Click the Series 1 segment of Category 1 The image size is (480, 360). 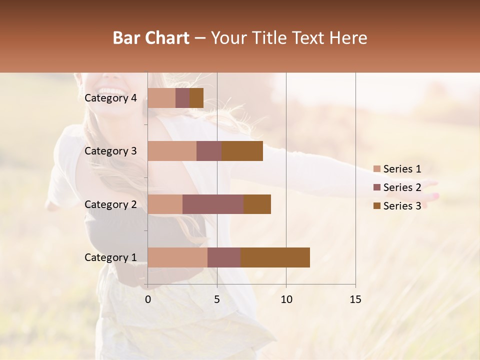coord(177,257)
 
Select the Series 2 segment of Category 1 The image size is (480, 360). coord(224,257)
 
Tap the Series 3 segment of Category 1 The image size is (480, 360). coord(275,257)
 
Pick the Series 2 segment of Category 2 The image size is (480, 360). coord(213,204)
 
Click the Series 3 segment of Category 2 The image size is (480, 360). coord(257,204)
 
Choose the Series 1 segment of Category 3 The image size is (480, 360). coord(172,151)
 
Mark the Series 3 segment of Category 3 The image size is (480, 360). coord(242,151)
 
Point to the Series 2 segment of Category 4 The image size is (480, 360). coord(182,98)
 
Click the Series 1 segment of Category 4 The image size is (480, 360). coord(161,98)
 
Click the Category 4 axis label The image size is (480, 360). coord(110,98)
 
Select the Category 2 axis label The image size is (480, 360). coord(110,204)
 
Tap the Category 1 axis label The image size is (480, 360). coord(110,257)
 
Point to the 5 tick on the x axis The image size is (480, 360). coord(217,299)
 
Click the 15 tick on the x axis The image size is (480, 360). coord(355,299)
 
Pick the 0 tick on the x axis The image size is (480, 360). coord(148,299)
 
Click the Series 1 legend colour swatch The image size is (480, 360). coord(377,169)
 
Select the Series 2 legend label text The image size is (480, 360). coord(402,187)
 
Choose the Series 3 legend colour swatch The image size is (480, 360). coord(377,206)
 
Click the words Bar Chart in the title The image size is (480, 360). coord(151,38)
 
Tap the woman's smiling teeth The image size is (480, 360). coord(113,93)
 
